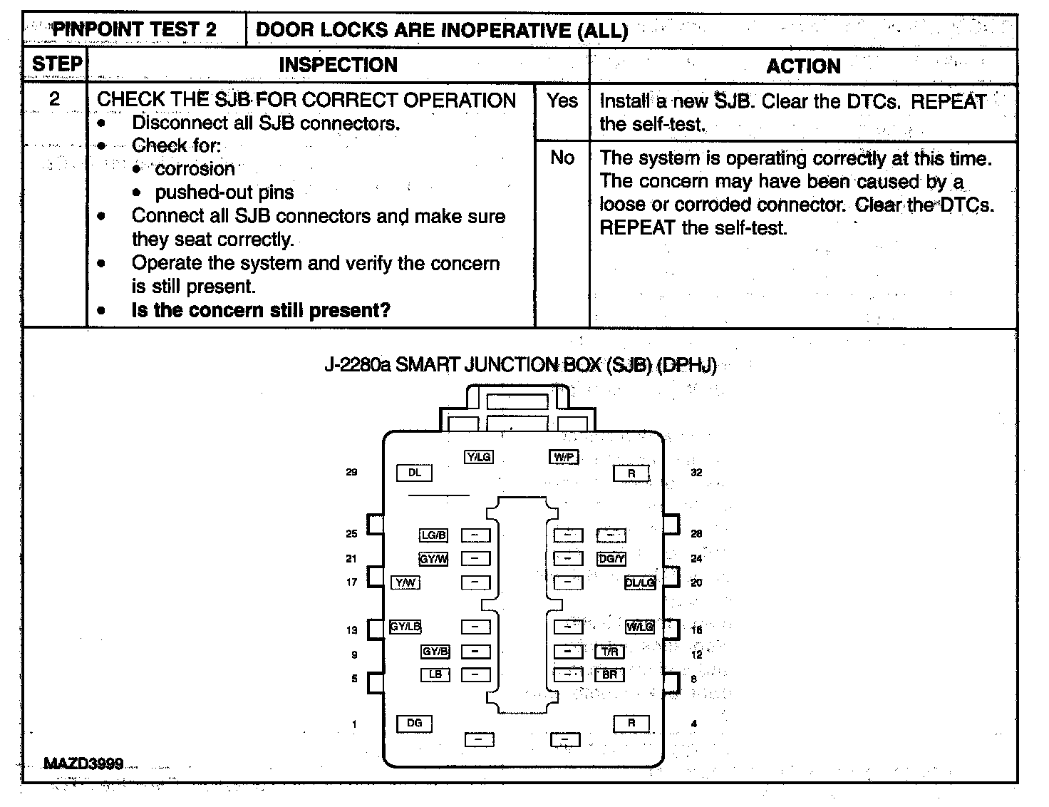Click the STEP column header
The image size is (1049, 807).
(56, 65)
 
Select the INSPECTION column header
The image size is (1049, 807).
(338, 65)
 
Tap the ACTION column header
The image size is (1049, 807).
(803, 66)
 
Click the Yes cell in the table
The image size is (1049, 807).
(562, 101)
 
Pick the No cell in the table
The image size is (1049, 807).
(562, 158)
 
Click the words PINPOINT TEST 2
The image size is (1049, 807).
(135, 30)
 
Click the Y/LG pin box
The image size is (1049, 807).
(478, 457)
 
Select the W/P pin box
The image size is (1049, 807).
(564, 457)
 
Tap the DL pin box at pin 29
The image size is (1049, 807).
(414, 473)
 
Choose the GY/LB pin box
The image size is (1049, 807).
(405, 627)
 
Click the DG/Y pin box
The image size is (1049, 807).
(611, 559)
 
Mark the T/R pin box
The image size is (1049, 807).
(610, 652)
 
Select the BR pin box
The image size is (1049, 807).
(610, 674)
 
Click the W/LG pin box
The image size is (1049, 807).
(639, 627)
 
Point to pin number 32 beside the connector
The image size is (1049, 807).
(696, 473)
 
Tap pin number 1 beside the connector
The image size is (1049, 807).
(354, 724)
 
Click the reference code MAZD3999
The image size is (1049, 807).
(83, 764)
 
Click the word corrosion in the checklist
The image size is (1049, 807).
(195, 169)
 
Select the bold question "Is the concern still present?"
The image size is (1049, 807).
(261, 310)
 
